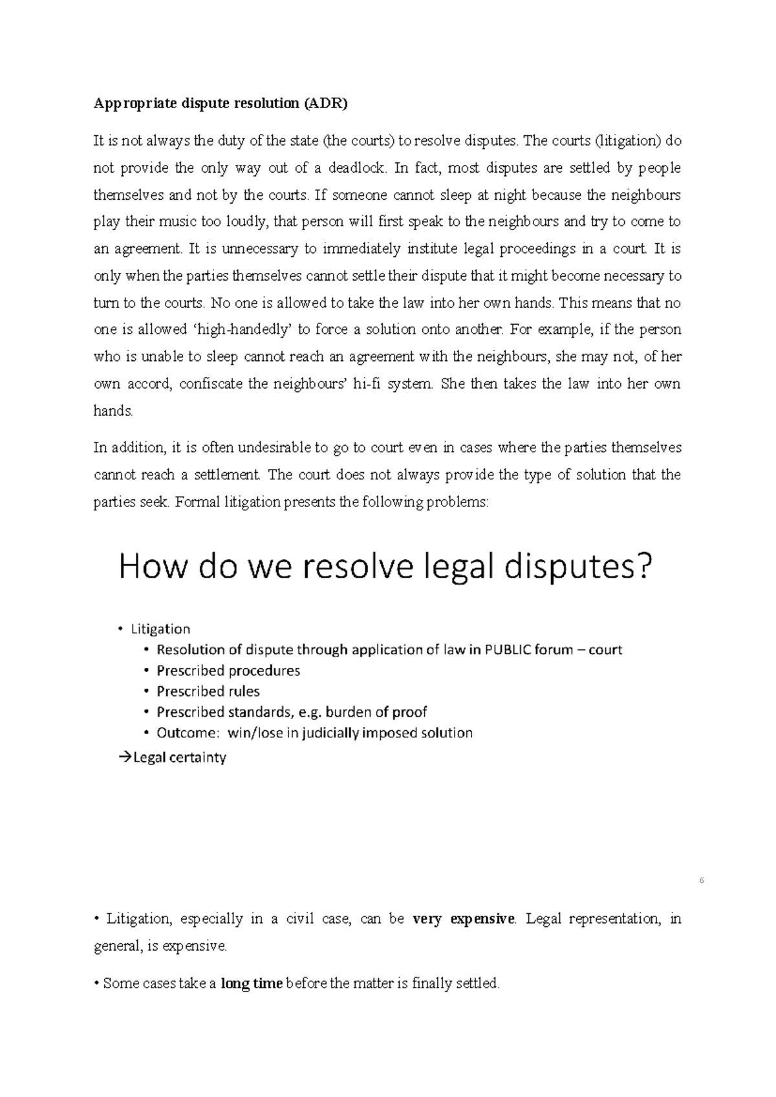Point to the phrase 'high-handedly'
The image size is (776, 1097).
(x=245, y=330)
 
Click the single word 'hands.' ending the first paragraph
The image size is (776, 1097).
(x=114, y=411)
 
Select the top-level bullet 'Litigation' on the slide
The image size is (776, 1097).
(x=160, y=629)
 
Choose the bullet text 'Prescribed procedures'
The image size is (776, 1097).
(x=228, y=671)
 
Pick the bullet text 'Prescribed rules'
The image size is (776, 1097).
(x=208, y=691)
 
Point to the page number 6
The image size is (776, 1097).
(x=702, y=881)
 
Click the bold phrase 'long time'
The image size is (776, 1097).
(x=252, y=984)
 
